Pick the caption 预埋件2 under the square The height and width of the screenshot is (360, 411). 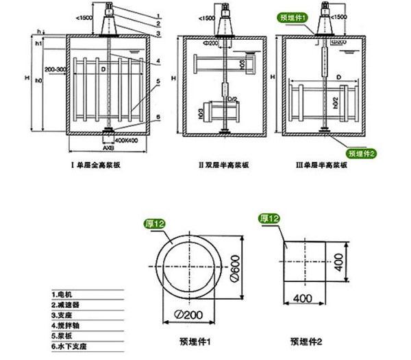[x=304, y=340]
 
